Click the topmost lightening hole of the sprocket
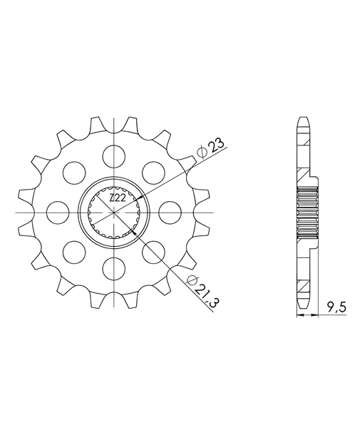(x=113, y=156)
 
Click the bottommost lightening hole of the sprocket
(x=113, y=269)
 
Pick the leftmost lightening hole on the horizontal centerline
(x=58, y=213)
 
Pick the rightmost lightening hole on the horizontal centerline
(x=170, y=213)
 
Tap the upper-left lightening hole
(x=74, y=173)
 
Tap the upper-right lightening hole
(x=153, y=173)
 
